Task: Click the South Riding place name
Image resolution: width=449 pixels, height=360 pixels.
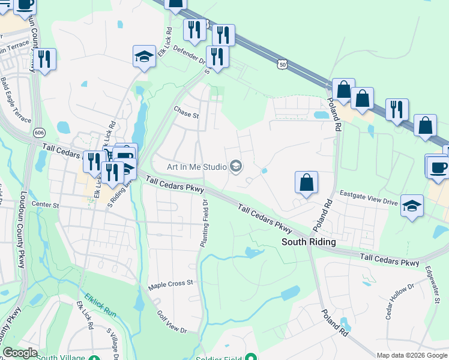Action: pos(309,241)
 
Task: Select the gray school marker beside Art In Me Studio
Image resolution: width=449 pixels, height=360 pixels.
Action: pos(236,166)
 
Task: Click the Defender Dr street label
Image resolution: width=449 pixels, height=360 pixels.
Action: pos(188,55)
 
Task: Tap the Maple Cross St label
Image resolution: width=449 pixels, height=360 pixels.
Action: pos(172,282)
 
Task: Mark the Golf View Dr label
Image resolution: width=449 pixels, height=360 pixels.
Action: pos(172,322)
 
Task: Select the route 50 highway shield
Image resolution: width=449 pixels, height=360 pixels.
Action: pos(283,63)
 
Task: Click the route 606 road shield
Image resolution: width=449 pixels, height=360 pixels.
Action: pos(39,132)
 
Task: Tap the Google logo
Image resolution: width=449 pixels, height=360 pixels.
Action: pos(20,353)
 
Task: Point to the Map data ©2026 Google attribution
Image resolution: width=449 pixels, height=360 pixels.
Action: pos(412,355)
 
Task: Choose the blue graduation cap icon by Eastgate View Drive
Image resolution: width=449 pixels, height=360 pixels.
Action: pos(412,206)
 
